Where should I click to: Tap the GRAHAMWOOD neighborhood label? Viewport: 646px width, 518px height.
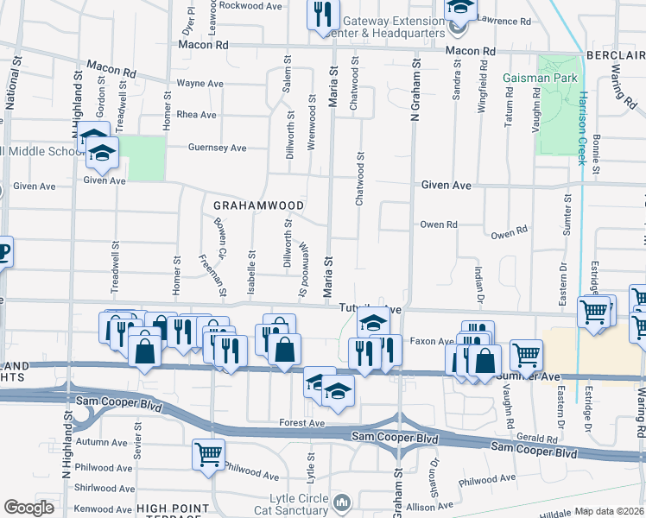click(258, 205)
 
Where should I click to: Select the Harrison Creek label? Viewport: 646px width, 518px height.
click(585, 122)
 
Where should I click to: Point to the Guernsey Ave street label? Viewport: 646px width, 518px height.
click(218, 148)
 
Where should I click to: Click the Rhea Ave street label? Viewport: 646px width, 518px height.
click(195, 115)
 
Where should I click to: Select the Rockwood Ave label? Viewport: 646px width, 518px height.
click(227, 5)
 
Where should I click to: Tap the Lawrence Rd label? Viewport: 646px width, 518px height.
click(506, 20)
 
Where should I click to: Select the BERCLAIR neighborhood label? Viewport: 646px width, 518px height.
click(615, 54)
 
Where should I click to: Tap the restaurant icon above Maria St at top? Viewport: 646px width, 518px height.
click(322, 14)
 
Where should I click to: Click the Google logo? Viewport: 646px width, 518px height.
click(28, 508)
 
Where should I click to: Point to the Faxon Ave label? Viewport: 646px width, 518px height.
click(431, 341)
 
